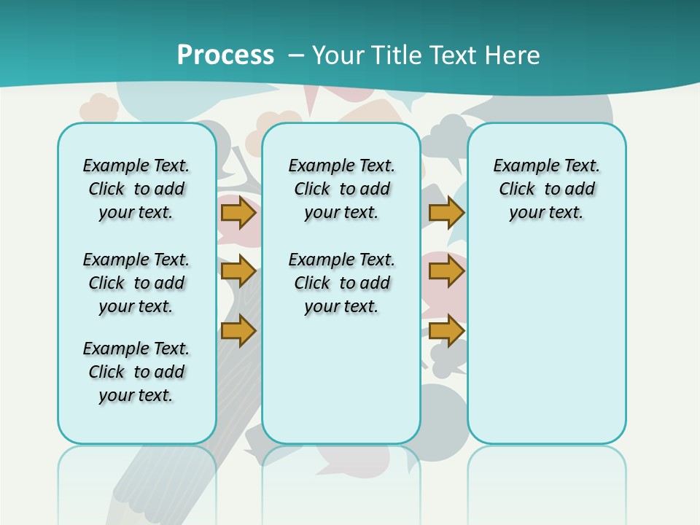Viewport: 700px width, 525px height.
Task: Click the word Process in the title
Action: tap(225, 55)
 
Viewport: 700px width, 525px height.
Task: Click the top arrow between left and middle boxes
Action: tap(238, 213)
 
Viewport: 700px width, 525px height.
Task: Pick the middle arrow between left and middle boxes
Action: tap(238, 272)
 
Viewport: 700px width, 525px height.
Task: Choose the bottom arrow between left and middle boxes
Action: tap(238, 331)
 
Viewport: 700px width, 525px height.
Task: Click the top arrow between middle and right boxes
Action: tap(446, 213)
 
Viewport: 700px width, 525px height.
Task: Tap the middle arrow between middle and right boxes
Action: tap(446, 272)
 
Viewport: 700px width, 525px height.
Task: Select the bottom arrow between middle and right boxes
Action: tap(446, 331)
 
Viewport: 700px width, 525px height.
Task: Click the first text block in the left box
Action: tap(136, 189)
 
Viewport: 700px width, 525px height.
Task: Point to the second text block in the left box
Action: tap(136, 283)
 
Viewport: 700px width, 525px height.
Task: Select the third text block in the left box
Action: tap(136, 372)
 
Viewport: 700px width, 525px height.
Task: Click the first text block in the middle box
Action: tap(341, 189)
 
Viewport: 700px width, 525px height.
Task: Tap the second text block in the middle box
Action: tap(341, 283)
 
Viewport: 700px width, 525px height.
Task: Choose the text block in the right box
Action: tap(546, 189)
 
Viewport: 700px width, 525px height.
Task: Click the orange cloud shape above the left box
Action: tap(99, 108)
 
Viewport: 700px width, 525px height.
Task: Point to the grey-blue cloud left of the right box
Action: tap(447, 139)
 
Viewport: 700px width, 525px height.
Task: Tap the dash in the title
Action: tap(297, 55)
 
